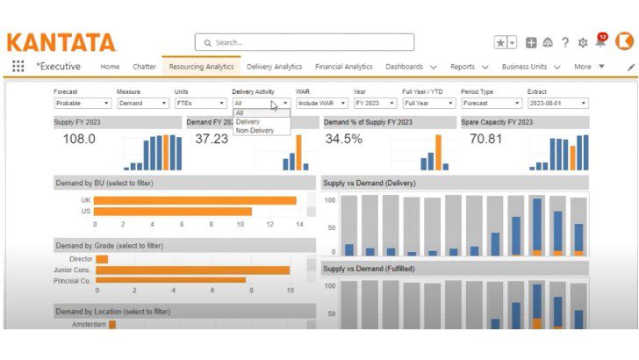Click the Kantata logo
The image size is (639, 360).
[x=61, y=42]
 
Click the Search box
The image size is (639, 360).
[x=304, y=42]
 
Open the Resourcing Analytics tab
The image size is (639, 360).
[x=201, y=67]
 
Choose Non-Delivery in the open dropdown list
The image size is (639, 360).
[x=255, y=131]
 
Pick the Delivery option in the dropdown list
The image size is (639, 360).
[x=248, y=122]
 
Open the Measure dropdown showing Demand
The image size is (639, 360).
[x=142, y=103]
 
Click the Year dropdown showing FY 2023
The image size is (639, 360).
[x=374, y=103]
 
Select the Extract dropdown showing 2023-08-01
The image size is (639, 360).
[x=557, y=103]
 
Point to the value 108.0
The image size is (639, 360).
[x=79, y=139]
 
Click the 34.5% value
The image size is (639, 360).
[x=343, y=139]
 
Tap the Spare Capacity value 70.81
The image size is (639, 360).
[x=485, y=139]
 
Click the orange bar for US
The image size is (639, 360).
[x=172, y=212]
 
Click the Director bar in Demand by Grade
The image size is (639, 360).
[x=102, y=259]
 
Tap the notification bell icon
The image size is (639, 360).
[x=600, y=42]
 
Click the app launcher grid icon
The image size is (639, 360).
[x=18, y=67]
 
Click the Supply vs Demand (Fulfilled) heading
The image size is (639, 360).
[x=370, y=269]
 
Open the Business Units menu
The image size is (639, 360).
[x=529, y=67]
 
